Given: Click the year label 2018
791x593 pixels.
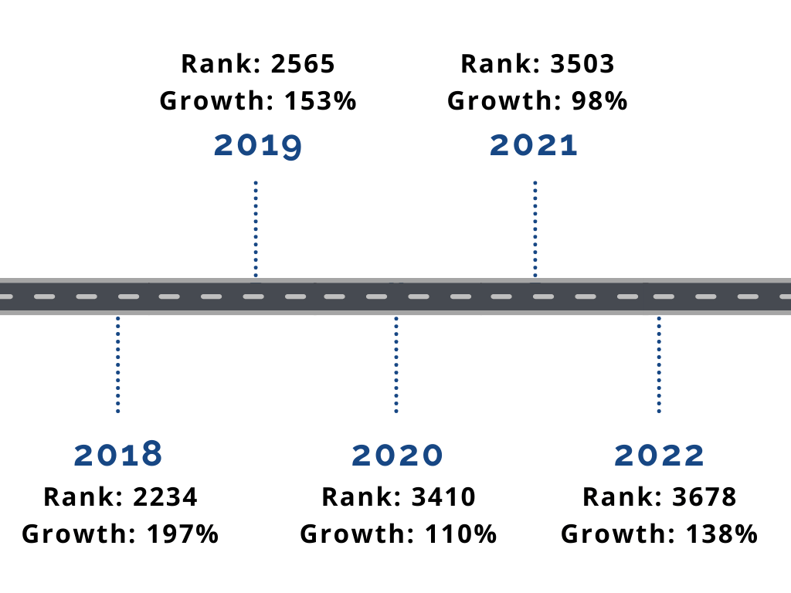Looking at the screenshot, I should (118, 455).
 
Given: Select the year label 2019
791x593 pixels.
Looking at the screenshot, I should (257, 145).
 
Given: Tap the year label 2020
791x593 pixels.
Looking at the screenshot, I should (397, 455).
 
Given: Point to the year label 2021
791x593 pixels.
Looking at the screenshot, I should (534, 145).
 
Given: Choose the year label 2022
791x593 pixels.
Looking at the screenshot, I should (659, 455).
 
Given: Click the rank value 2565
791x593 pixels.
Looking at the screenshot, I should (303, 64).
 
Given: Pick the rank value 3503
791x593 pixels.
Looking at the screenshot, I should (582, 64).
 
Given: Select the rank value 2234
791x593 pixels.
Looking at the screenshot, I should (165, 497).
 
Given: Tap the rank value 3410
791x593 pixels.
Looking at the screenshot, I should (443, 497).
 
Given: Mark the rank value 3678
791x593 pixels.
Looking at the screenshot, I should (704, 497).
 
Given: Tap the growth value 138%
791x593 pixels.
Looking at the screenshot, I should (719, 534).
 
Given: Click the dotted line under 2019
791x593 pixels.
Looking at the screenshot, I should (256, 228).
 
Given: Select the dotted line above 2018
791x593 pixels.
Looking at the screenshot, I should (117, 363).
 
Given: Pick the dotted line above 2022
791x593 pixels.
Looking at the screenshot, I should (659, 363).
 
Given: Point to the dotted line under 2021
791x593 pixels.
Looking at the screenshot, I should (535, 228).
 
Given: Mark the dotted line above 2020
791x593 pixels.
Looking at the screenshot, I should (396, 363).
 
